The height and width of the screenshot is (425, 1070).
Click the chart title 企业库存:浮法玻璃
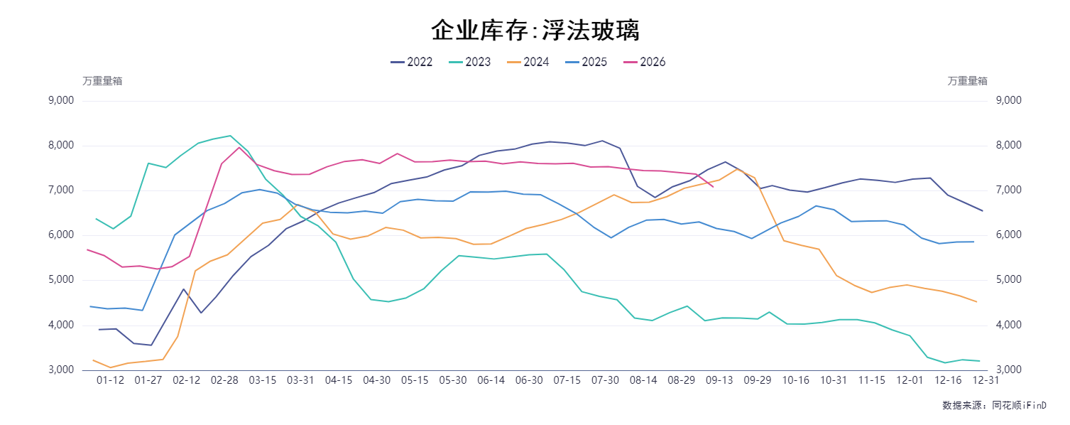tap(535, 30)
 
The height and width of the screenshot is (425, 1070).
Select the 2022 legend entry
tap(411, 62)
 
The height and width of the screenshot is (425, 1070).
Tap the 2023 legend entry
tap(469, 62)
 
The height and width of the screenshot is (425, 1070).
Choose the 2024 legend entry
tap(528, 62)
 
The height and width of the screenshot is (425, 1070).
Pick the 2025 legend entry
tap(586, 62)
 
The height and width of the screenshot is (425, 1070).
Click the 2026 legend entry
tap(645, 62)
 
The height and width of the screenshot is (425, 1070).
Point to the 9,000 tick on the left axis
tap(61, 100)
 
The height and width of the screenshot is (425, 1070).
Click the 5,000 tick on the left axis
tap(61, 280)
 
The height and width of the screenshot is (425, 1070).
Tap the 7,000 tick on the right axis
tap(1009, 190)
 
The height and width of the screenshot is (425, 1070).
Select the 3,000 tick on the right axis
tap(1009, 370)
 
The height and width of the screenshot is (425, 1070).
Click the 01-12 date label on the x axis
tap(110, 380)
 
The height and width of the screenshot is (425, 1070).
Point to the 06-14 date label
tap(491, 380)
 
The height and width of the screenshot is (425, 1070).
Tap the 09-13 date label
tap(719, 380)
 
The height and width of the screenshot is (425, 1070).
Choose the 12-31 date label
tap(986, 380)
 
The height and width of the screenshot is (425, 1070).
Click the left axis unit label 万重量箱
tap(102, 81)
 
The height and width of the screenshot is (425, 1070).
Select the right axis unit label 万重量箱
tap(967, 81)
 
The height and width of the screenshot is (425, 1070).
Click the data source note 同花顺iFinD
tap(1019, 405)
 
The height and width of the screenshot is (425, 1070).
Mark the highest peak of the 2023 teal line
tap(230, 136)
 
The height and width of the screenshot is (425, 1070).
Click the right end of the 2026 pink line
tap(713, 187)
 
